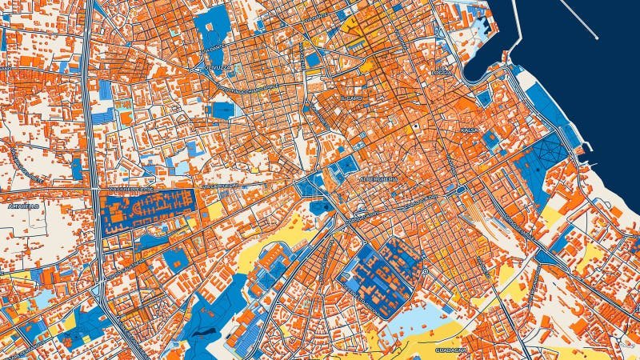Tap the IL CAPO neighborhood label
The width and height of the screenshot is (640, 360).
coord(350,98)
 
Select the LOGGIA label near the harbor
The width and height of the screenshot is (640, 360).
coord(442,73)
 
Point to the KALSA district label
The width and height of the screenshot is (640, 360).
coord(469,129)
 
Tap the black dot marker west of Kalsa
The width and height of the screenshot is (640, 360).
coord(416,128)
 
